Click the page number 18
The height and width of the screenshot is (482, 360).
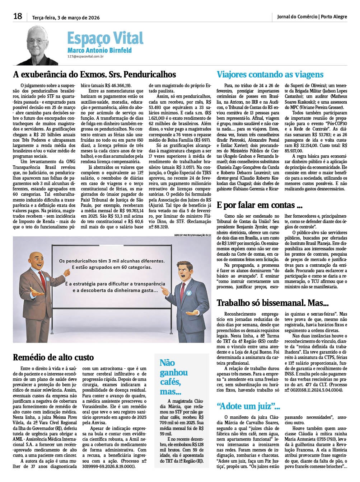(x=18, y=16)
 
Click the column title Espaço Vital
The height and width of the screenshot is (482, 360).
(x=105, y=38)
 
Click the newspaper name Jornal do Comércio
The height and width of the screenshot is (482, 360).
(x=297, y=17)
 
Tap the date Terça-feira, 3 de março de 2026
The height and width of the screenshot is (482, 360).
(x=66, y=18)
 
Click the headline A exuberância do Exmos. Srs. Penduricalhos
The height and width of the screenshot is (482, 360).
(x=94, y=74)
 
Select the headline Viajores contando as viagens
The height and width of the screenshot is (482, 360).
(x=270, y=75)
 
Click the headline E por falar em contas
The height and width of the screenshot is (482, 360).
(x=260, y=205)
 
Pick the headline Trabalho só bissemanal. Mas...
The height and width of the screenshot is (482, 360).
(x=272, y=303)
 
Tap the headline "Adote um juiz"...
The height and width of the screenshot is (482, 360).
(x=248, y=406)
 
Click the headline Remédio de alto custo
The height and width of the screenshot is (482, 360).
(x=53, y=357)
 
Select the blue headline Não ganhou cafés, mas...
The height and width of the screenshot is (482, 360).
(x=174, y=377)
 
